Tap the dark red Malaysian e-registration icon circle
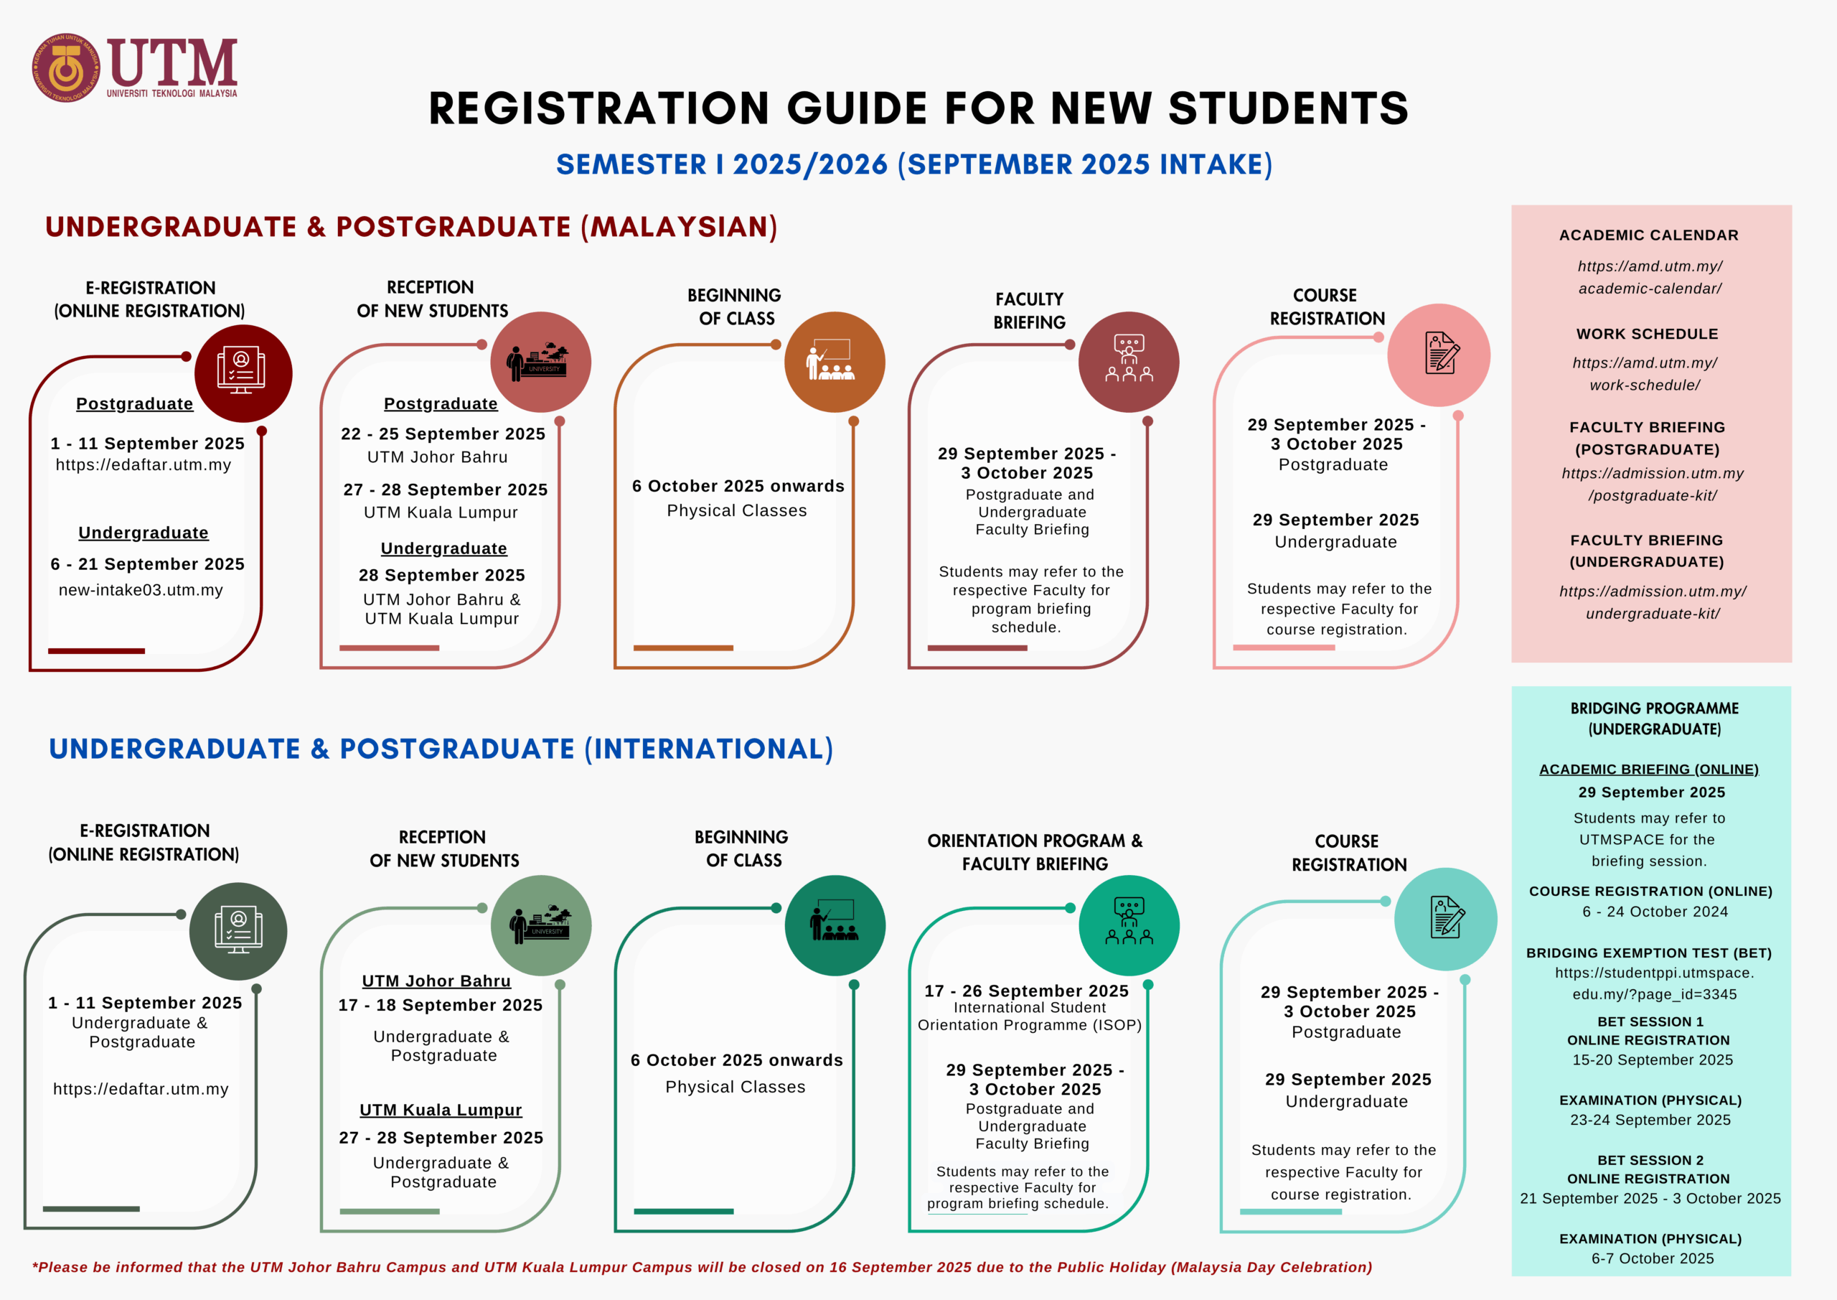click(x=243, y=373)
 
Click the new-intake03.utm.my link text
click(x=141, y=590)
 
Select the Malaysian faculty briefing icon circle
click(x=1128, y=362)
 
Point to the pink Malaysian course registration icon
click(x=1439, y=355)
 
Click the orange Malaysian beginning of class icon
click(x=835, y=362)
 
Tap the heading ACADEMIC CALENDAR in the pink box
click(x=1648, y=235)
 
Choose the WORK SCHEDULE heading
click(x=1647, y=334)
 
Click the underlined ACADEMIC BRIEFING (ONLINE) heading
click(x=1648, y=770)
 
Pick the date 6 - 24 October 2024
click(x=1655, y=912)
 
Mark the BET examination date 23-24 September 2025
click(x=1650, y=1120)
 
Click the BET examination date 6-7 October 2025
click(x=1652, y=1258)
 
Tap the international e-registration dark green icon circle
click(x=238, y=931)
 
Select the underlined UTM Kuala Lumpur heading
click(x=441, y=1110)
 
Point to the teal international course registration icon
click(x=1445, y=919)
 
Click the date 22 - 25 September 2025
click(x=443, y=434)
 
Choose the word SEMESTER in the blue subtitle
click(x=631, y=165)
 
